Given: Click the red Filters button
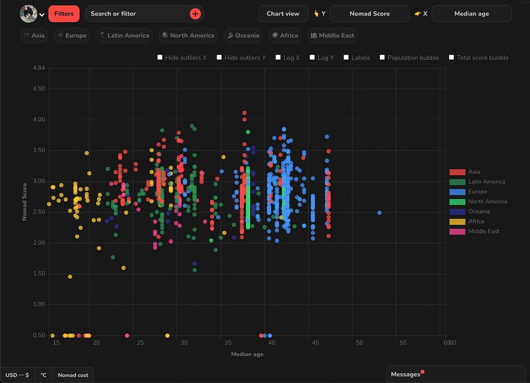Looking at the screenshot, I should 64,14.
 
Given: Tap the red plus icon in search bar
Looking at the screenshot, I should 195,14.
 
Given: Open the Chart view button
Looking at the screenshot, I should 282,14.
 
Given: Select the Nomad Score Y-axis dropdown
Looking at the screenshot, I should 369,14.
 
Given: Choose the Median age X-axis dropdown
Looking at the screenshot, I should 471,14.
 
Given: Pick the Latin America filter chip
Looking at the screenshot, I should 123,35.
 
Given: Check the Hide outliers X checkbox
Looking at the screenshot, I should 160,58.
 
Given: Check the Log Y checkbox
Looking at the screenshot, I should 313,58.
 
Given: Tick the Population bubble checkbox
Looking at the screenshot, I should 383,58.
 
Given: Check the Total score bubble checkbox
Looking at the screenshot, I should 452,58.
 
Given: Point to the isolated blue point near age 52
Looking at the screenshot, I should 379,213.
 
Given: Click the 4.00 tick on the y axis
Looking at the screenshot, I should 39,120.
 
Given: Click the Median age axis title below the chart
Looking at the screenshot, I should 247,354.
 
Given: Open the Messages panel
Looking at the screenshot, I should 405,375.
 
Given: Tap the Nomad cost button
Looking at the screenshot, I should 73,375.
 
